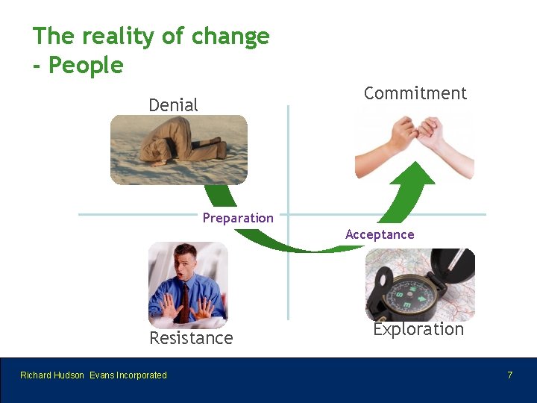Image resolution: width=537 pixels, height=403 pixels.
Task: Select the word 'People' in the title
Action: click(x=86, y=66)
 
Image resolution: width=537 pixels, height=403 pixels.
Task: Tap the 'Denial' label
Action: click(x=173, y=105)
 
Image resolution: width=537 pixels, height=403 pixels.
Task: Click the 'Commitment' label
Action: click(x=415, y=93)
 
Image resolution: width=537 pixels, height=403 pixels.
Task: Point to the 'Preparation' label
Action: click(x=238, y=218)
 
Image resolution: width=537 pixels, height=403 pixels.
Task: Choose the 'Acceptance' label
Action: click(x=380, y=234)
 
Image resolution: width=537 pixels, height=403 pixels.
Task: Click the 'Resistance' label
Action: click(x=191, y=338)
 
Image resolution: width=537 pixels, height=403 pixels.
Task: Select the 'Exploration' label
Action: click(x=418, y=329)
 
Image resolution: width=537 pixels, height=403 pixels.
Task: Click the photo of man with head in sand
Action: click(x=178, y=149)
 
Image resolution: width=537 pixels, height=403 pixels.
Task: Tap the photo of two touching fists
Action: click(x=414, y=146)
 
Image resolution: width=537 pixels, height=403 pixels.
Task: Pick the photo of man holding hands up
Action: click(x=187, y=285)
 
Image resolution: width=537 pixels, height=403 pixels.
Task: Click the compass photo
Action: click(x=419, y=284)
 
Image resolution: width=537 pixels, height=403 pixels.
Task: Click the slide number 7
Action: click(x=510, y=375)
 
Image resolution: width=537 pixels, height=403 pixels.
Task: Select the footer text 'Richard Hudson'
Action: click(x=52, y=375)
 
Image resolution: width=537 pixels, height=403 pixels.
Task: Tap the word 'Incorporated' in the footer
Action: click(x=142, y=375)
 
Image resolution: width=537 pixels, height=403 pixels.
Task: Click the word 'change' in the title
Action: click(x=230, y=37)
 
